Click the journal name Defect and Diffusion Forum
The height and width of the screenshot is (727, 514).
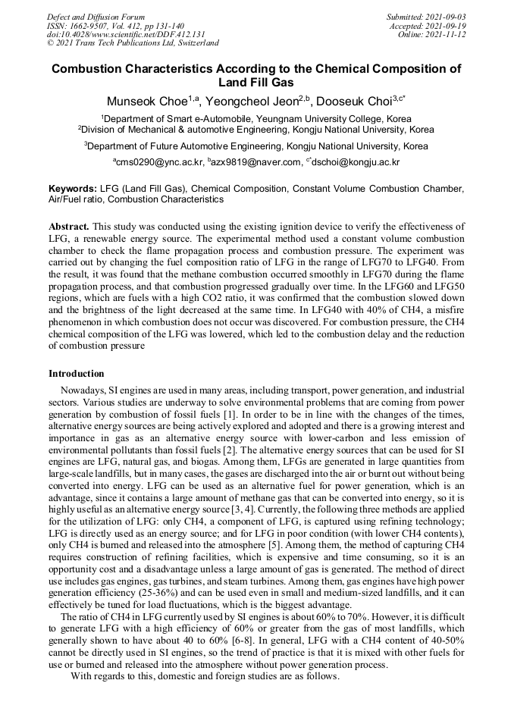pyautogui.click(x=96, y=17)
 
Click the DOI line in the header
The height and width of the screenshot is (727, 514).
pyautogui.click(x=126, y=34)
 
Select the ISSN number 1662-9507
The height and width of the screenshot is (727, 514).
pyautogui.click(x=90, y=26)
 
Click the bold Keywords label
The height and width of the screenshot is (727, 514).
pyautogui.click(x=73, y=188)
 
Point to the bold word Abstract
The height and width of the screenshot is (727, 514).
pyautogui.click(x=69, y=227)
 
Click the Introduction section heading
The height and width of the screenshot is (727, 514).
pyautogui.click(x=77, y=374)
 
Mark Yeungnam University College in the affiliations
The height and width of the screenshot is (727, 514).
pyautogui.click(x=320, y=119)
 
